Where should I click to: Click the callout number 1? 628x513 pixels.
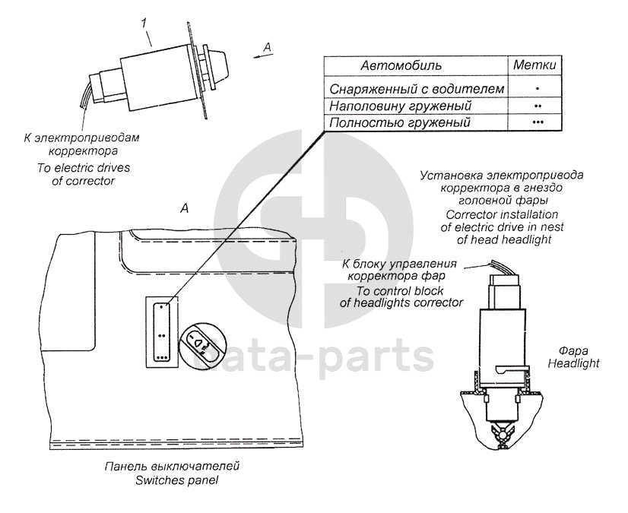tap(144, 24)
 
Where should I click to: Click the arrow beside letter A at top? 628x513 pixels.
tap(261, 57)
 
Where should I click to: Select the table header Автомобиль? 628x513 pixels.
tap(401, 65)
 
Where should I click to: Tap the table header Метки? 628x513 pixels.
tap(534, 65)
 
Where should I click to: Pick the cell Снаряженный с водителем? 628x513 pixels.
tap(417, 89)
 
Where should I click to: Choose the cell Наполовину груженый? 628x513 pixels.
tap(400, 106)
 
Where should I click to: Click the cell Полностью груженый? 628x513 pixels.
tap(399, 122)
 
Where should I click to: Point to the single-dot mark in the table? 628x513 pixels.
tap(538, 88)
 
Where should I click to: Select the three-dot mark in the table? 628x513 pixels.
tap(538, 122)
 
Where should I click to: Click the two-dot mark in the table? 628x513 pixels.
tap(538, 106)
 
